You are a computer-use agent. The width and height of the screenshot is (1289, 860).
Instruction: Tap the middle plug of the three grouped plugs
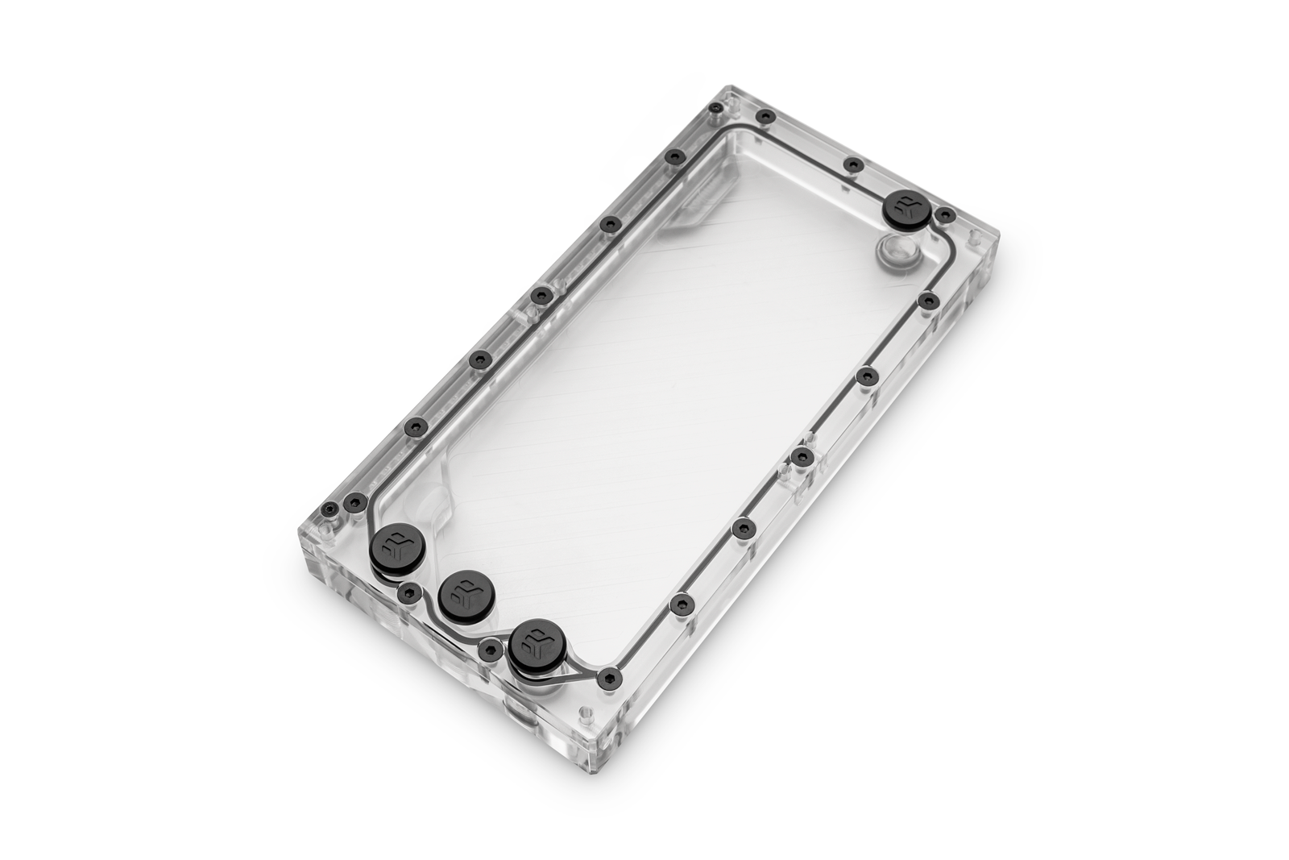(x=463, y=594)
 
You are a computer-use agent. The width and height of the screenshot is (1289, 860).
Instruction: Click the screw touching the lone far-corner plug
(x=945, y=215)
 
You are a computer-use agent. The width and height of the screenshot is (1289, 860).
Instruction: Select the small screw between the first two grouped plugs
(x=409, y=595)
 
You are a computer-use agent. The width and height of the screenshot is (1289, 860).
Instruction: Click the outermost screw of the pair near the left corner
(x=328, y=509)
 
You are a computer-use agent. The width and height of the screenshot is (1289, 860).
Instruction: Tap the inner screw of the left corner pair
(x=354, y=503)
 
